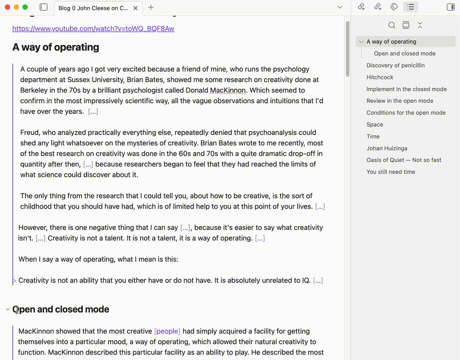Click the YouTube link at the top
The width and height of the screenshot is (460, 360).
[x=93, y=28]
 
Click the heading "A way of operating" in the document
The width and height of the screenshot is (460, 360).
[x=55, y=47]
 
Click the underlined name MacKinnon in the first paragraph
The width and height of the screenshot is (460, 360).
[x=227, y=90]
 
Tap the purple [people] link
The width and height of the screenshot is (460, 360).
[x=167, y=331]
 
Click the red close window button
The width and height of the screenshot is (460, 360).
[x=7, y=7]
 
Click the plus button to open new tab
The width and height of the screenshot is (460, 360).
[x=151, y=7]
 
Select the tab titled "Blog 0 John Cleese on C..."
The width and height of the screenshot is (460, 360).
[x=93, y=8]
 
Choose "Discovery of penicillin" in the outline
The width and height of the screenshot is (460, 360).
[x=395, y=65]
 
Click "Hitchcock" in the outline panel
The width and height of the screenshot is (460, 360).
[x=380, y=77]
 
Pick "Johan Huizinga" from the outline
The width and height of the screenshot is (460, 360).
[x=387, y=148]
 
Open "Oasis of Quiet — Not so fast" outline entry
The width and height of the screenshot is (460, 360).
[x=403, y=160]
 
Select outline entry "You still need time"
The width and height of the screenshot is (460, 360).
[x=390, y=172]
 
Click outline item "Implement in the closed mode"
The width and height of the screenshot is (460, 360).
[x=406, y=89]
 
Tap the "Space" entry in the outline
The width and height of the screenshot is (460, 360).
[x=374, y=124]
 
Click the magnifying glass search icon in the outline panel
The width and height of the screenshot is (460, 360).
[x=392, y=25]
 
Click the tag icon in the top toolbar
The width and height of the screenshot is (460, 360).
[x=394, y=7]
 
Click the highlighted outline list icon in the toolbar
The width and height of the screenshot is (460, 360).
[x=410, y=7]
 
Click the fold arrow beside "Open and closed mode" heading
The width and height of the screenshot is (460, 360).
[x=7, y=309]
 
